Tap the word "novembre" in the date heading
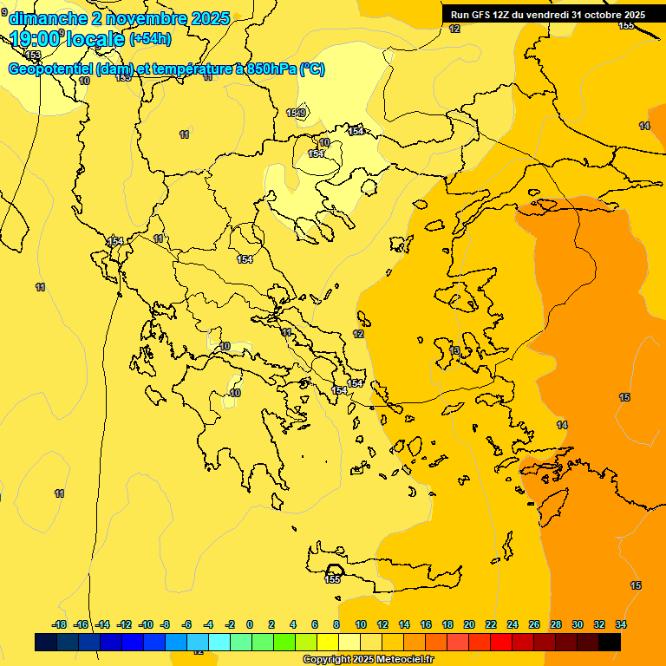pyautogui.click(x=140, y=18)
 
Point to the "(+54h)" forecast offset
pyautogui.click(x=150, y=39)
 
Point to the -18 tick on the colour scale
pyautogui.click(x=59, y=624)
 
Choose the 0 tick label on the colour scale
pyautogui.click(x=250, y=624)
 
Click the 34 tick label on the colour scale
pyautogui.click(x=621, y=624)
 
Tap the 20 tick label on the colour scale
pyautogui.click(x=469, y=624)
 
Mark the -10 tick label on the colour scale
pyautogui.click(x=146, y=624)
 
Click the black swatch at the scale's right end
pyautogui.click(x=610, y=642)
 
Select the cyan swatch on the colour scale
pyautogui.click(x=219, y=642)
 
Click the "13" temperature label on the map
pyautogui.click(x=455, y=350)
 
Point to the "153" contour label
pyautogui.click(x=33, y=55)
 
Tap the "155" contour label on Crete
pyautogui.click(x=332, y=579)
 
